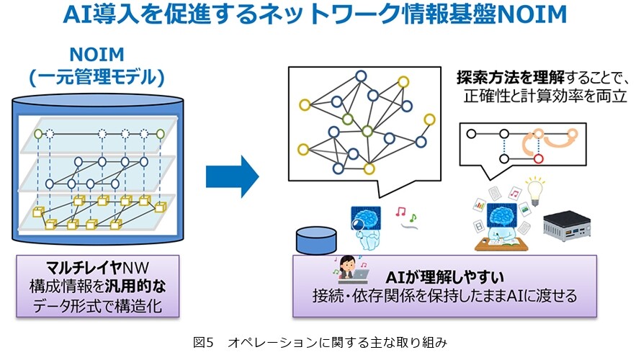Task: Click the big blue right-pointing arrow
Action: click(x=232, y=176)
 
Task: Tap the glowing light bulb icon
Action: click(x=535, y=191)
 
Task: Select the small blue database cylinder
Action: click(x=316, y=241)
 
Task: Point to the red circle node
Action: click(x=539, y=158)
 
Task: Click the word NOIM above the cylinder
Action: click(x=97, y=54)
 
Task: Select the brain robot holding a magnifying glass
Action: click(x=366, y=228)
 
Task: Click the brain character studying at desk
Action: click(x=501, y=228)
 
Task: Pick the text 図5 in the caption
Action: click(x=203, y=343)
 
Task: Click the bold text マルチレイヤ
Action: click(x=84, y=268)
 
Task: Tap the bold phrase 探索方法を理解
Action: click(x=511, y=77)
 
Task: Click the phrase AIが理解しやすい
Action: click(x=445, y=277)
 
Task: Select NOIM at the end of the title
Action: click(x=533, y=14)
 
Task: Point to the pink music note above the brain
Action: click(x=400, y=211)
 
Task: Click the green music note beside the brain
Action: click(x=413, y=217)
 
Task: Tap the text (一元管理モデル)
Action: click(x=97, y=78)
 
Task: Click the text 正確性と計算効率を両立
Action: click(x=545, y=96)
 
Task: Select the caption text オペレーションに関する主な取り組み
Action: click(x=337, y=343)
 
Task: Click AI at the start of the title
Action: click(x=76, y=14)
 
